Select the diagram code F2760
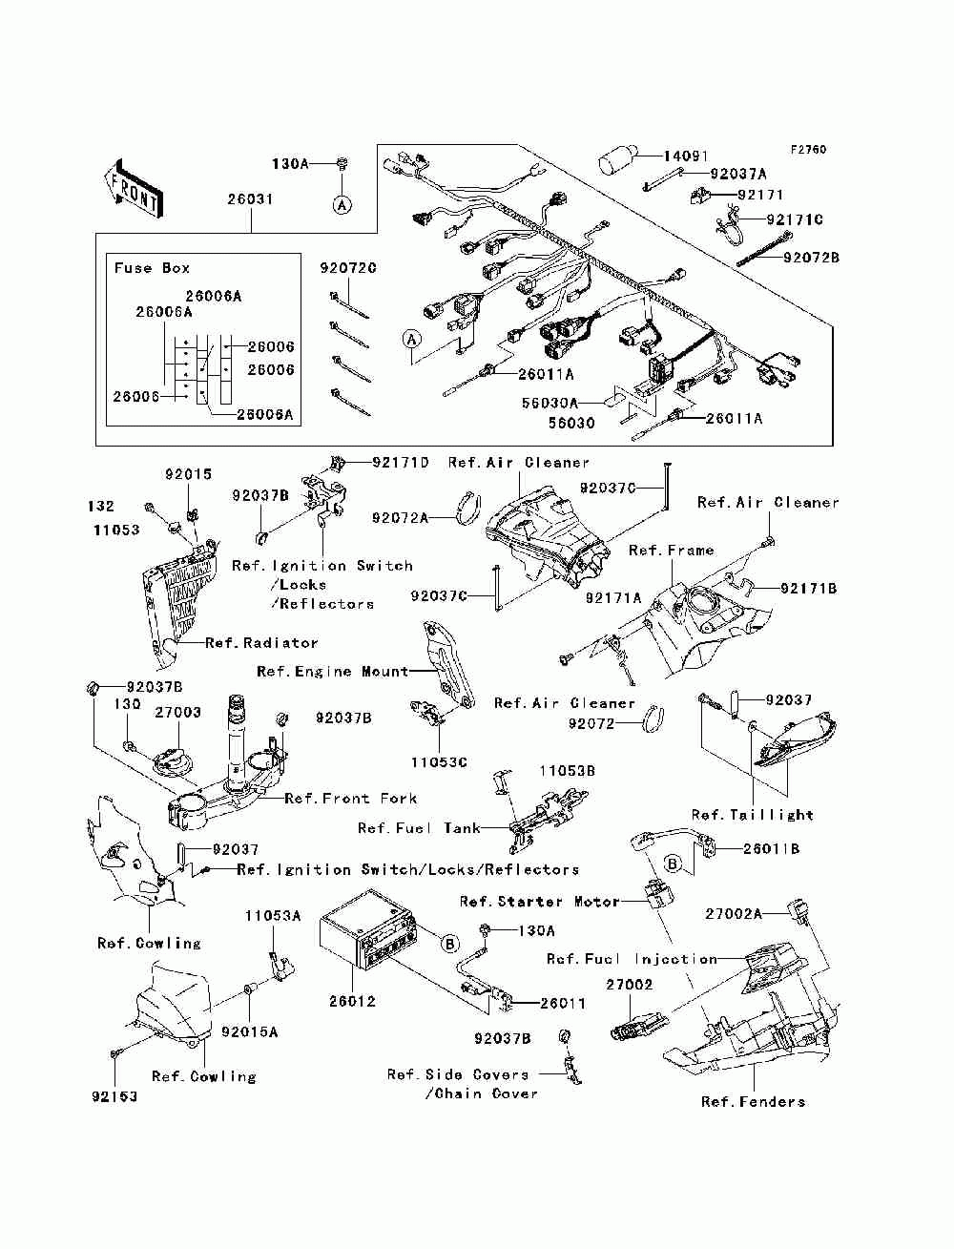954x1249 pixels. click(x=808, y=150)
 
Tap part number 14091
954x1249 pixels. click(x=685, y=156)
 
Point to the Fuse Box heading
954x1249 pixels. click(x=152, y=268)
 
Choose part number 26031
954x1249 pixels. click(x=250, y=199)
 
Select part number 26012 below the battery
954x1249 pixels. click(x=353, y=1002)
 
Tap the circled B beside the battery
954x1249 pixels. click(x=450, y=945)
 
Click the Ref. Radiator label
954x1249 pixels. click(x=261, y=643)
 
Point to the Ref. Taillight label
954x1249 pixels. click(x=753, y=815)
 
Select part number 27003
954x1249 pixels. click(x=178, y=713)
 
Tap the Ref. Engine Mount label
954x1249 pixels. click(x=333, y=672)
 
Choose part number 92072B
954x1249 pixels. click(x=811, y=258)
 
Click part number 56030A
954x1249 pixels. click(x=550, y=403)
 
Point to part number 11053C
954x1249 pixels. click(x=439, y=762)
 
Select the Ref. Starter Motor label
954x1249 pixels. click(x=539, y=902)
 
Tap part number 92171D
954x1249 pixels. click(x=401, y=462)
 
